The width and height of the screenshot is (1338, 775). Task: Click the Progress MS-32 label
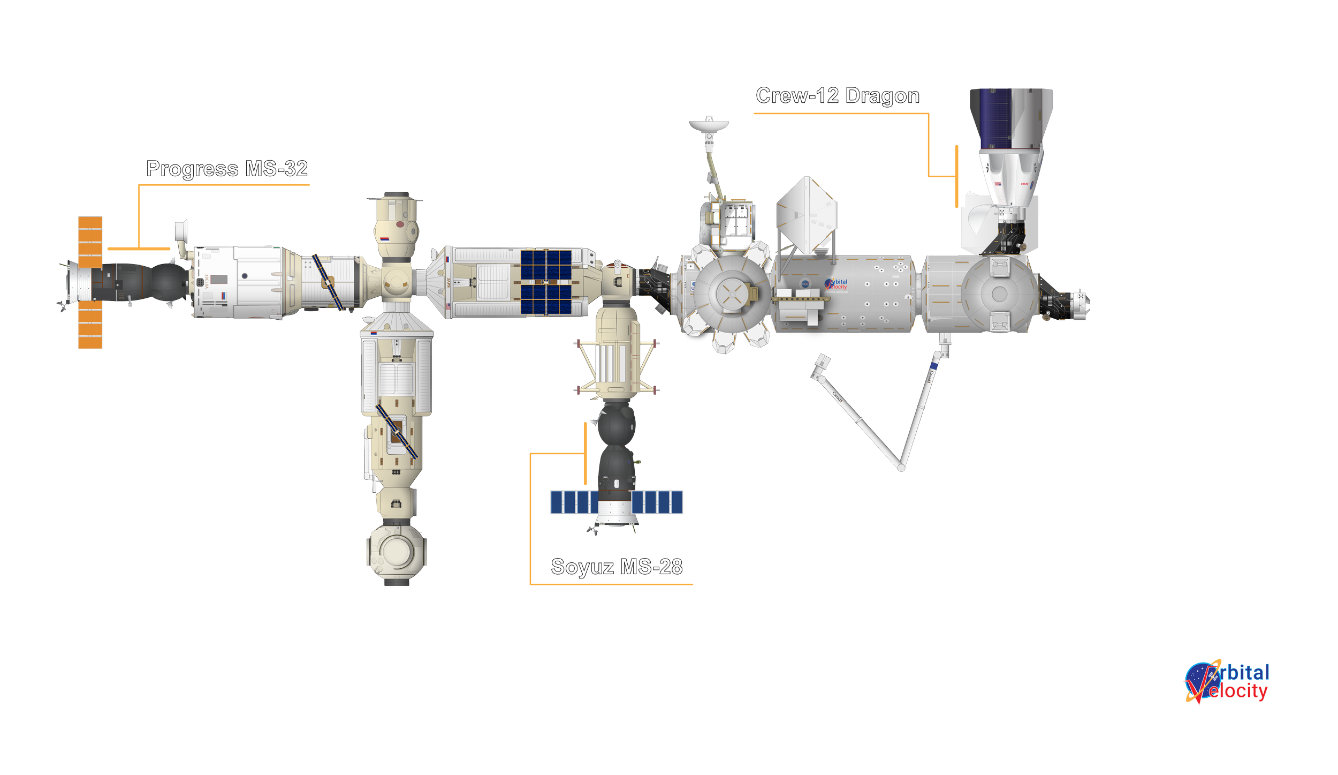(x=227, y=169)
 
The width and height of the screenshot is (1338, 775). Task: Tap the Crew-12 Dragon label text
(x=838, y=96)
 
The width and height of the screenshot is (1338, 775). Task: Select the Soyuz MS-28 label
(x=617, y=567)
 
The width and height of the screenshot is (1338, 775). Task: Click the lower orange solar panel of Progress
(x=90, y=325)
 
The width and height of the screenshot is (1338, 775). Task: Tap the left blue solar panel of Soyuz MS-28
(x=574, y=502)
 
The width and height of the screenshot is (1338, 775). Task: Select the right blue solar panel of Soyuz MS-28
(x=657, y=502)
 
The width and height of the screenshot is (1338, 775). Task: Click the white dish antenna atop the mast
(x=709, y=125)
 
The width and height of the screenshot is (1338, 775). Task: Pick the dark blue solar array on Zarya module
(x=546, y=282)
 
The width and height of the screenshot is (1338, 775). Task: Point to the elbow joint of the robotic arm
(x=902, y=468)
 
